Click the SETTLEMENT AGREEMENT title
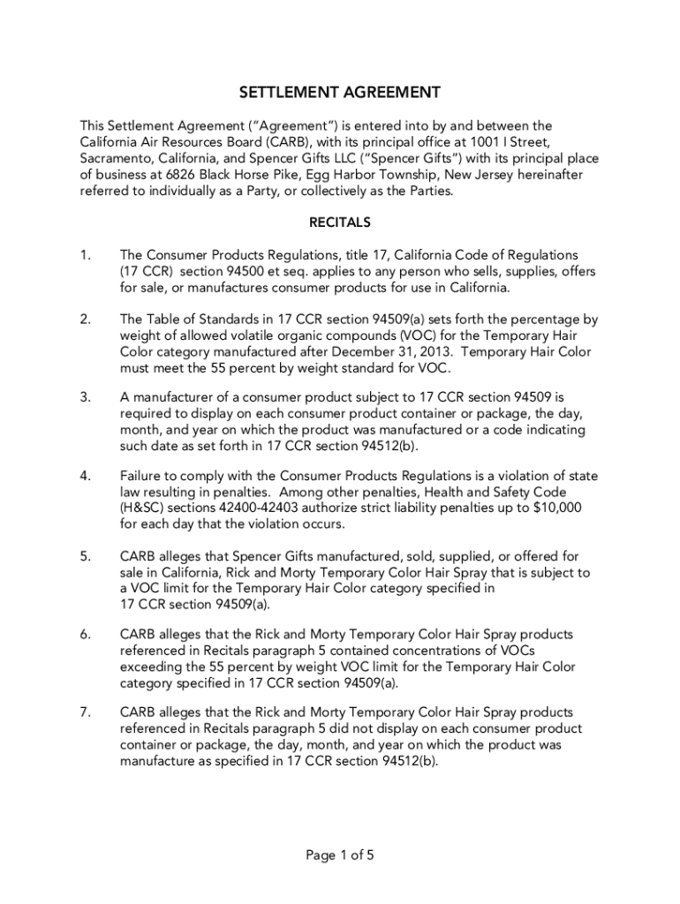click(340, 93)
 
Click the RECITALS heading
click(340, 222)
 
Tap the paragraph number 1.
click(85, 255)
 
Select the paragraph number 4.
click(86, 476)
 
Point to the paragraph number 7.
click(86, 712)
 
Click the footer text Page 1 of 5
click(340, 855)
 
